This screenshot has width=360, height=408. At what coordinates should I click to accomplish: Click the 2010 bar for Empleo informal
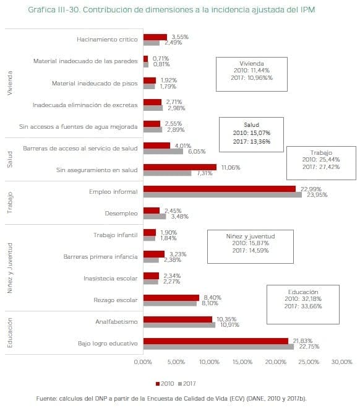pyautogui.click(x=219, y=189)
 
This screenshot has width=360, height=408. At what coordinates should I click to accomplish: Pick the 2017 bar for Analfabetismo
pyautogui.click(x=179, y=324)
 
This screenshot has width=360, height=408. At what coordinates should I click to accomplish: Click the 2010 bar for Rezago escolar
pyautogui.click(x=171, y=298)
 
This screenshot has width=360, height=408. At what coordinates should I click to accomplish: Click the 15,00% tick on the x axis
pyautogui.click(x=242, y=362)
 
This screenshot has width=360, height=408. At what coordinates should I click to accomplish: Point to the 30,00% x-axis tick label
pyautogui.click(x=341, y=362)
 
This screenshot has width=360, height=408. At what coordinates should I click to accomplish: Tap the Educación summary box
pyautogui.click(x=302, y=303)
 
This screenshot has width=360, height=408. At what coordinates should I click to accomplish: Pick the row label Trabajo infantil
pyautogui.click(x=115, y=235)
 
